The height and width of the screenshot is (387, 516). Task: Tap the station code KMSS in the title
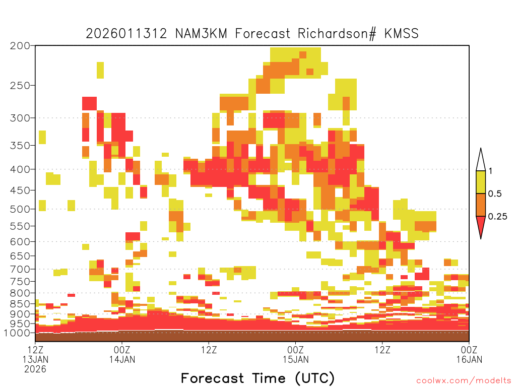tap(402, 34)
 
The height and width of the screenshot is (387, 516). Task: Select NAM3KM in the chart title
tap(201, 34)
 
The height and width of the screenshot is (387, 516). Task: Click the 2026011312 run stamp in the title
tap(126, 34)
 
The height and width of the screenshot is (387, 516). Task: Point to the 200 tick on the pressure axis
tap(20, 46)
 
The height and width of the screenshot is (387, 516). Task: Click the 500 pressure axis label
tap(20, 209)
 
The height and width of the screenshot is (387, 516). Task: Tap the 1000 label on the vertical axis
tap(17, 333)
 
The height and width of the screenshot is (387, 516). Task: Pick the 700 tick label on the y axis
tap(20, 269)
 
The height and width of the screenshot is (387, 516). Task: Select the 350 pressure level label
tap(20, 146)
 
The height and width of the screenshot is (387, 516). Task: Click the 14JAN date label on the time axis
tap(122, 359)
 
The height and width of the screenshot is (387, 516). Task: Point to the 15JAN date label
tap(295, 359)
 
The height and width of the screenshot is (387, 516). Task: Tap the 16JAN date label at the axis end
tap(469, 359)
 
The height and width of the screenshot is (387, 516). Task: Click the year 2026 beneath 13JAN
tap(35, 369)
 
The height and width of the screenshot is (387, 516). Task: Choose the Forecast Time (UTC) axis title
tap(257, 378)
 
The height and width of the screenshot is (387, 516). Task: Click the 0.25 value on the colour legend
tap(497, 217)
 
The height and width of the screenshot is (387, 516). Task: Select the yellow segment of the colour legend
tap(481, 182)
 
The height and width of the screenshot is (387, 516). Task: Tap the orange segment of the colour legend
tap(481, 205)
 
